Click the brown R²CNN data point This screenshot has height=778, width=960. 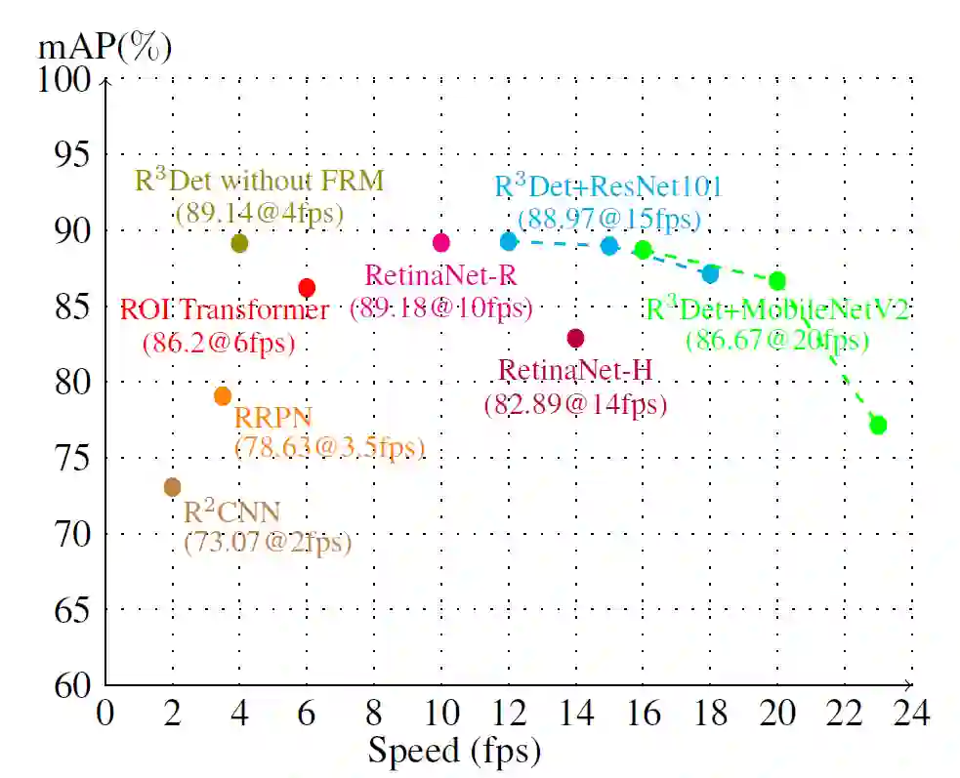(173, 486)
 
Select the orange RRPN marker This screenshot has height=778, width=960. (223, 395)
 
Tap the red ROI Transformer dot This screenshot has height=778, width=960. (307, 287)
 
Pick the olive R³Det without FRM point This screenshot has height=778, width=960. (239, 243)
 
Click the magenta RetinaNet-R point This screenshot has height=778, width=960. (440, 242)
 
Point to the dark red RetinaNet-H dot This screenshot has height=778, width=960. (575, 338)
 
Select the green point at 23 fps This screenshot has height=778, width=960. (877, 425)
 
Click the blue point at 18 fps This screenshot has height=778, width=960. (710, 274)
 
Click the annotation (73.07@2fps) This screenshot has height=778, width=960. (268, 543)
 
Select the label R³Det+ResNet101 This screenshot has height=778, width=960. (607, 186)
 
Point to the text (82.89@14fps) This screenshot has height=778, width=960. (575, 403)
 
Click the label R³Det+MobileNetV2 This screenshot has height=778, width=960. (777, 310)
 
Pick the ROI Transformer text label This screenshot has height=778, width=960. (225, 311)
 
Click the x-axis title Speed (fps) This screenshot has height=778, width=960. (453, 752)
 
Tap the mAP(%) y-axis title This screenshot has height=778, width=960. (104, 47)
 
